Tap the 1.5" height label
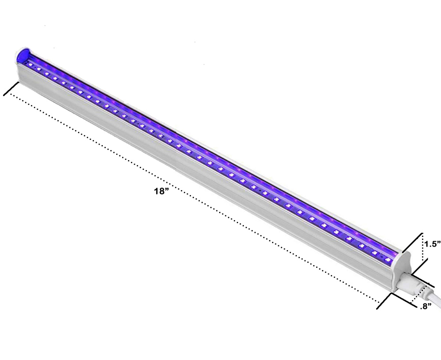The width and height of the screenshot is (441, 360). click(x=432, y=243)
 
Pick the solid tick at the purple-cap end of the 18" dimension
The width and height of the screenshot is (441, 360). click(x=11, y=88)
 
